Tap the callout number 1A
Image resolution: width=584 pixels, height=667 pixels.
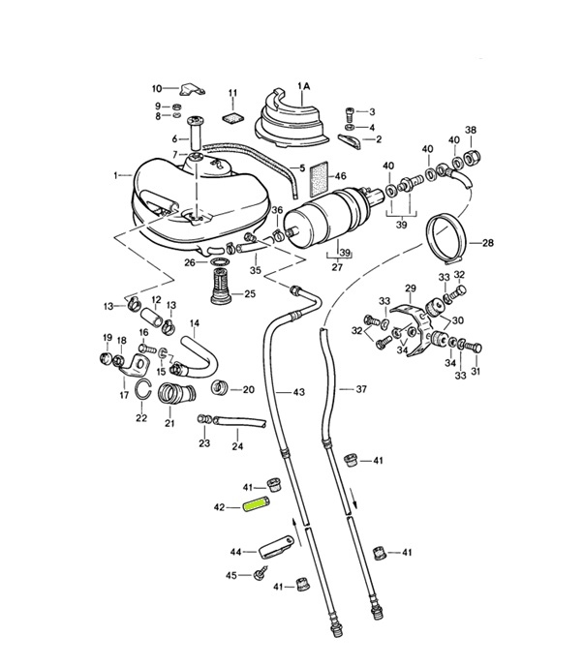pyautogui.click(x=304, y=86)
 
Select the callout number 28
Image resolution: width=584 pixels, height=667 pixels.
pyautogui.click(x=514, y=242)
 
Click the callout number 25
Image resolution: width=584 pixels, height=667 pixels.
pyautogui.click(x=249, y=294)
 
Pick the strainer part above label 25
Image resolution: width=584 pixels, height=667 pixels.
pyautogui.click(x=221, y=288)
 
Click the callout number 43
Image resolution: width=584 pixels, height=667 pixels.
pyautogui.click(x=298, y=391)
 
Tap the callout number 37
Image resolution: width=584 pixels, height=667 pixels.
pyautogui.click(x=361, y=389)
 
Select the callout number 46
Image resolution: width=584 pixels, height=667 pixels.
pyautogui.click(x=340, y=176)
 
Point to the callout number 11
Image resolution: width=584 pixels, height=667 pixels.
pyautogui.click(x=232, y=93)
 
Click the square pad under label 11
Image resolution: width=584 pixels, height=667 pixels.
pyautogui.click(x=232, y=119)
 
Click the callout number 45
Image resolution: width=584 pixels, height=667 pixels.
pyautogui.click(x=231, y=575)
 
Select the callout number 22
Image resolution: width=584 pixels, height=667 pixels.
pyautogui.click(x=141, y=418)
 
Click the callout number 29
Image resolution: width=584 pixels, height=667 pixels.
pyautogui.click(x=410, y=288)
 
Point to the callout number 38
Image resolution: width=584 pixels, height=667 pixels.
pyautogui.click(x=471, y=130)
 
